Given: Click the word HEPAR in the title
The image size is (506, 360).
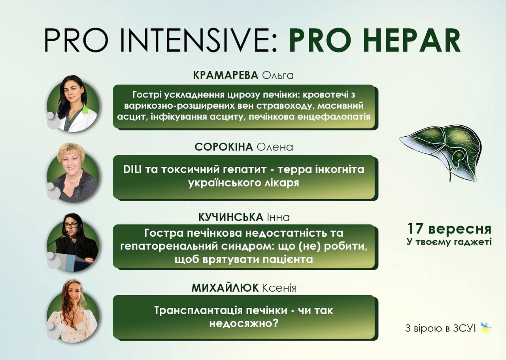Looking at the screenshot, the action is tap(412, 40).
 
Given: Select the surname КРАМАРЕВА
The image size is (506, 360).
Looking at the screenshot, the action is tap(225, 75).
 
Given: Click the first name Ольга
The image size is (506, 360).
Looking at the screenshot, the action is tap(278, 75).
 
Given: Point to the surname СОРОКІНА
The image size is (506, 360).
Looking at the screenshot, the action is tap(224, 147).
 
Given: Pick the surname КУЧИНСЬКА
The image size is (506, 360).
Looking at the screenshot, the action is tap(230, 217).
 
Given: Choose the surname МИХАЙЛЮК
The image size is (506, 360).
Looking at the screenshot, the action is tap(225, 288).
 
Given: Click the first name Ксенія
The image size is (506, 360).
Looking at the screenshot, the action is tap(279, 288).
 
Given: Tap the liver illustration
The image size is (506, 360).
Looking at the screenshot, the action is tap(440, 153).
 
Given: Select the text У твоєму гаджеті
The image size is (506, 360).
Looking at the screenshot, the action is tap(449, 242).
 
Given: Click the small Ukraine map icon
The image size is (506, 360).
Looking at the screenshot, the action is tap(485, 328).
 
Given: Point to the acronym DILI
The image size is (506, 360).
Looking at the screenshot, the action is tap(132, 170).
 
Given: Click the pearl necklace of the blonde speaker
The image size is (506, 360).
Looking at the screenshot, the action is tap(74, 177).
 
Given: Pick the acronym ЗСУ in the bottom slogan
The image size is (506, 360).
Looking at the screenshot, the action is tap(463, 328).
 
